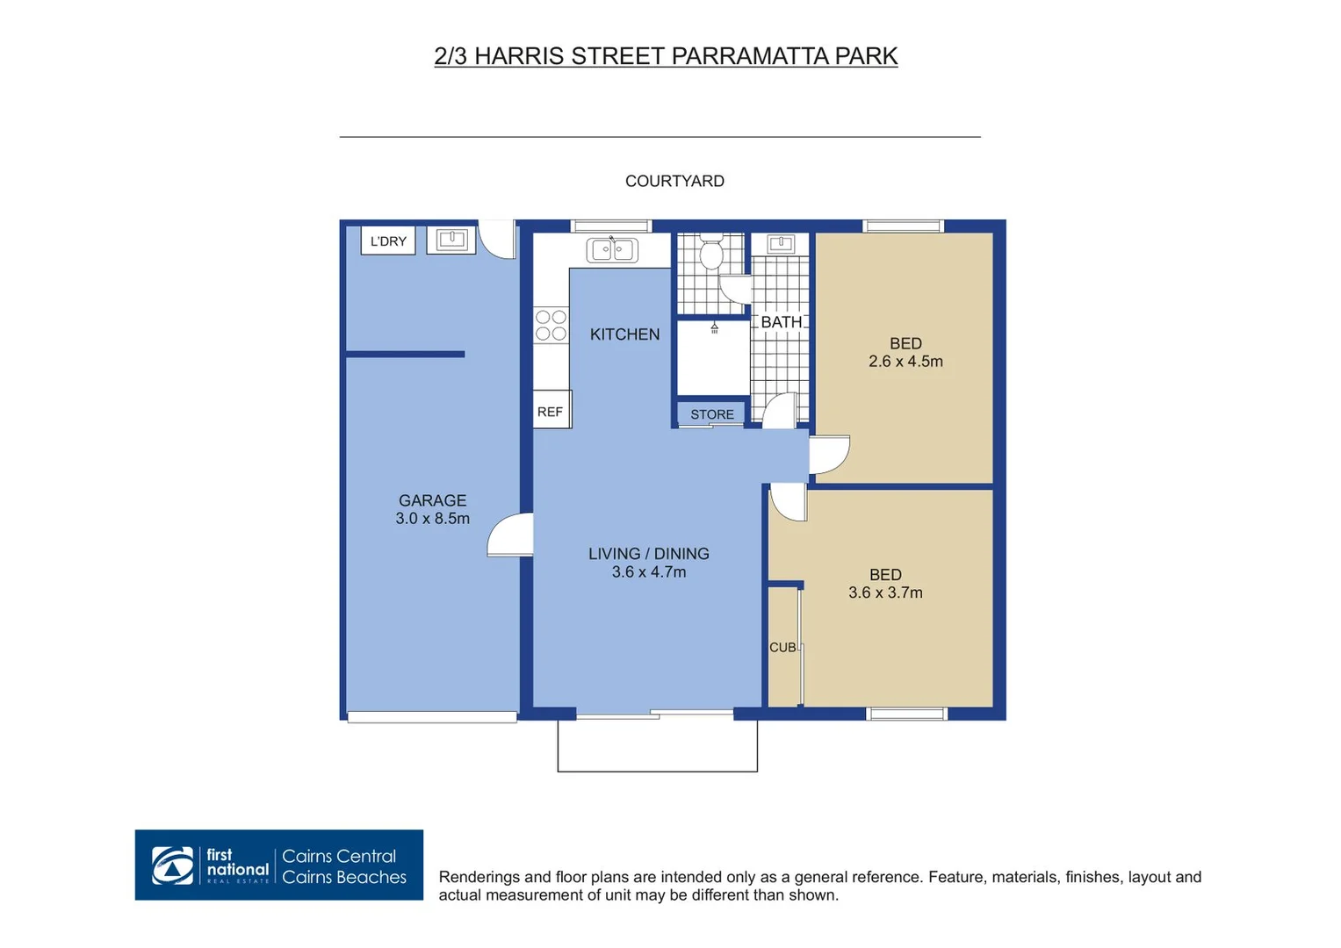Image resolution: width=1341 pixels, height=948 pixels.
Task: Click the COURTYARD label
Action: click(674, 181)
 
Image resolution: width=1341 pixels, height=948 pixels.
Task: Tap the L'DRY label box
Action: click(387, 241)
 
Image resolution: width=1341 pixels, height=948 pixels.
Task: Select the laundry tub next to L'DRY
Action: click(451, 240)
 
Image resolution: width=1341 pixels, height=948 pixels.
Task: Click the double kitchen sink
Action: click(612, 250)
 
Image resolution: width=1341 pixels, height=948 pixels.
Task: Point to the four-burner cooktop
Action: click(551, 325)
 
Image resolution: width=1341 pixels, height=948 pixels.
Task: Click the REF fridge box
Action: click(551, 411)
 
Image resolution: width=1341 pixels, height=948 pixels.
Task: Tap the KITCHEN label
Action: click(624, 334)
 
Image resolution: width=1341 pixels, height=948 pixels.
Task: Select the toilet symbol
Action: click(710, 253)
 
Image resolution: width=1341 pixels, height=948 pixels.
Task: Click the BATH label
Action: click(781, 322)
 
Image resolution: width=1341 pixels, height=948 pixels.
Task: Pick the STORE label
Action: click(711, 414)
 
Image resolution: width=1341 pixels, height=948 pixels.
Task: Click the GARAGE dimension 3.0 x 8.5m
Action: click(432, 519)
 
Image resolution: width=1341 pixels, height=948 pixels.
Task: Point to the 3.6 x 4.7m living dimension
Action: click(648, 572)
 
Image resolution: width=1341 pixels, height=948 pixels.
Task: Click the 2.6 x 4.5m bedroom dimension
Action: click(905, 362)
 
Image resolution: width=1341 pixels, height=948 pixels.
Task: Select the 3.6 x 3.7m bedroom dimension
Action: click(885, 593)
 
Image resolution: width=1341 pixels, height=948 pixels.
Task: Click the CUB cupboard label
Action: click(782, 647)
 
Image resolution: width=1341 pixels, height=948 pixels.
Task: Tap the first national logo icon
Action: click(173, 865)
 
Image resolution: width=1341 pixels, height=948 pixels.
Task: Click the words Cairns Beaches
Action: click(344, 877)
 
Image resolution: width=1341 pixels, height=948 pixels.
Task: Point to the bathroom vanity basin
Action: click(780, 243)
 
